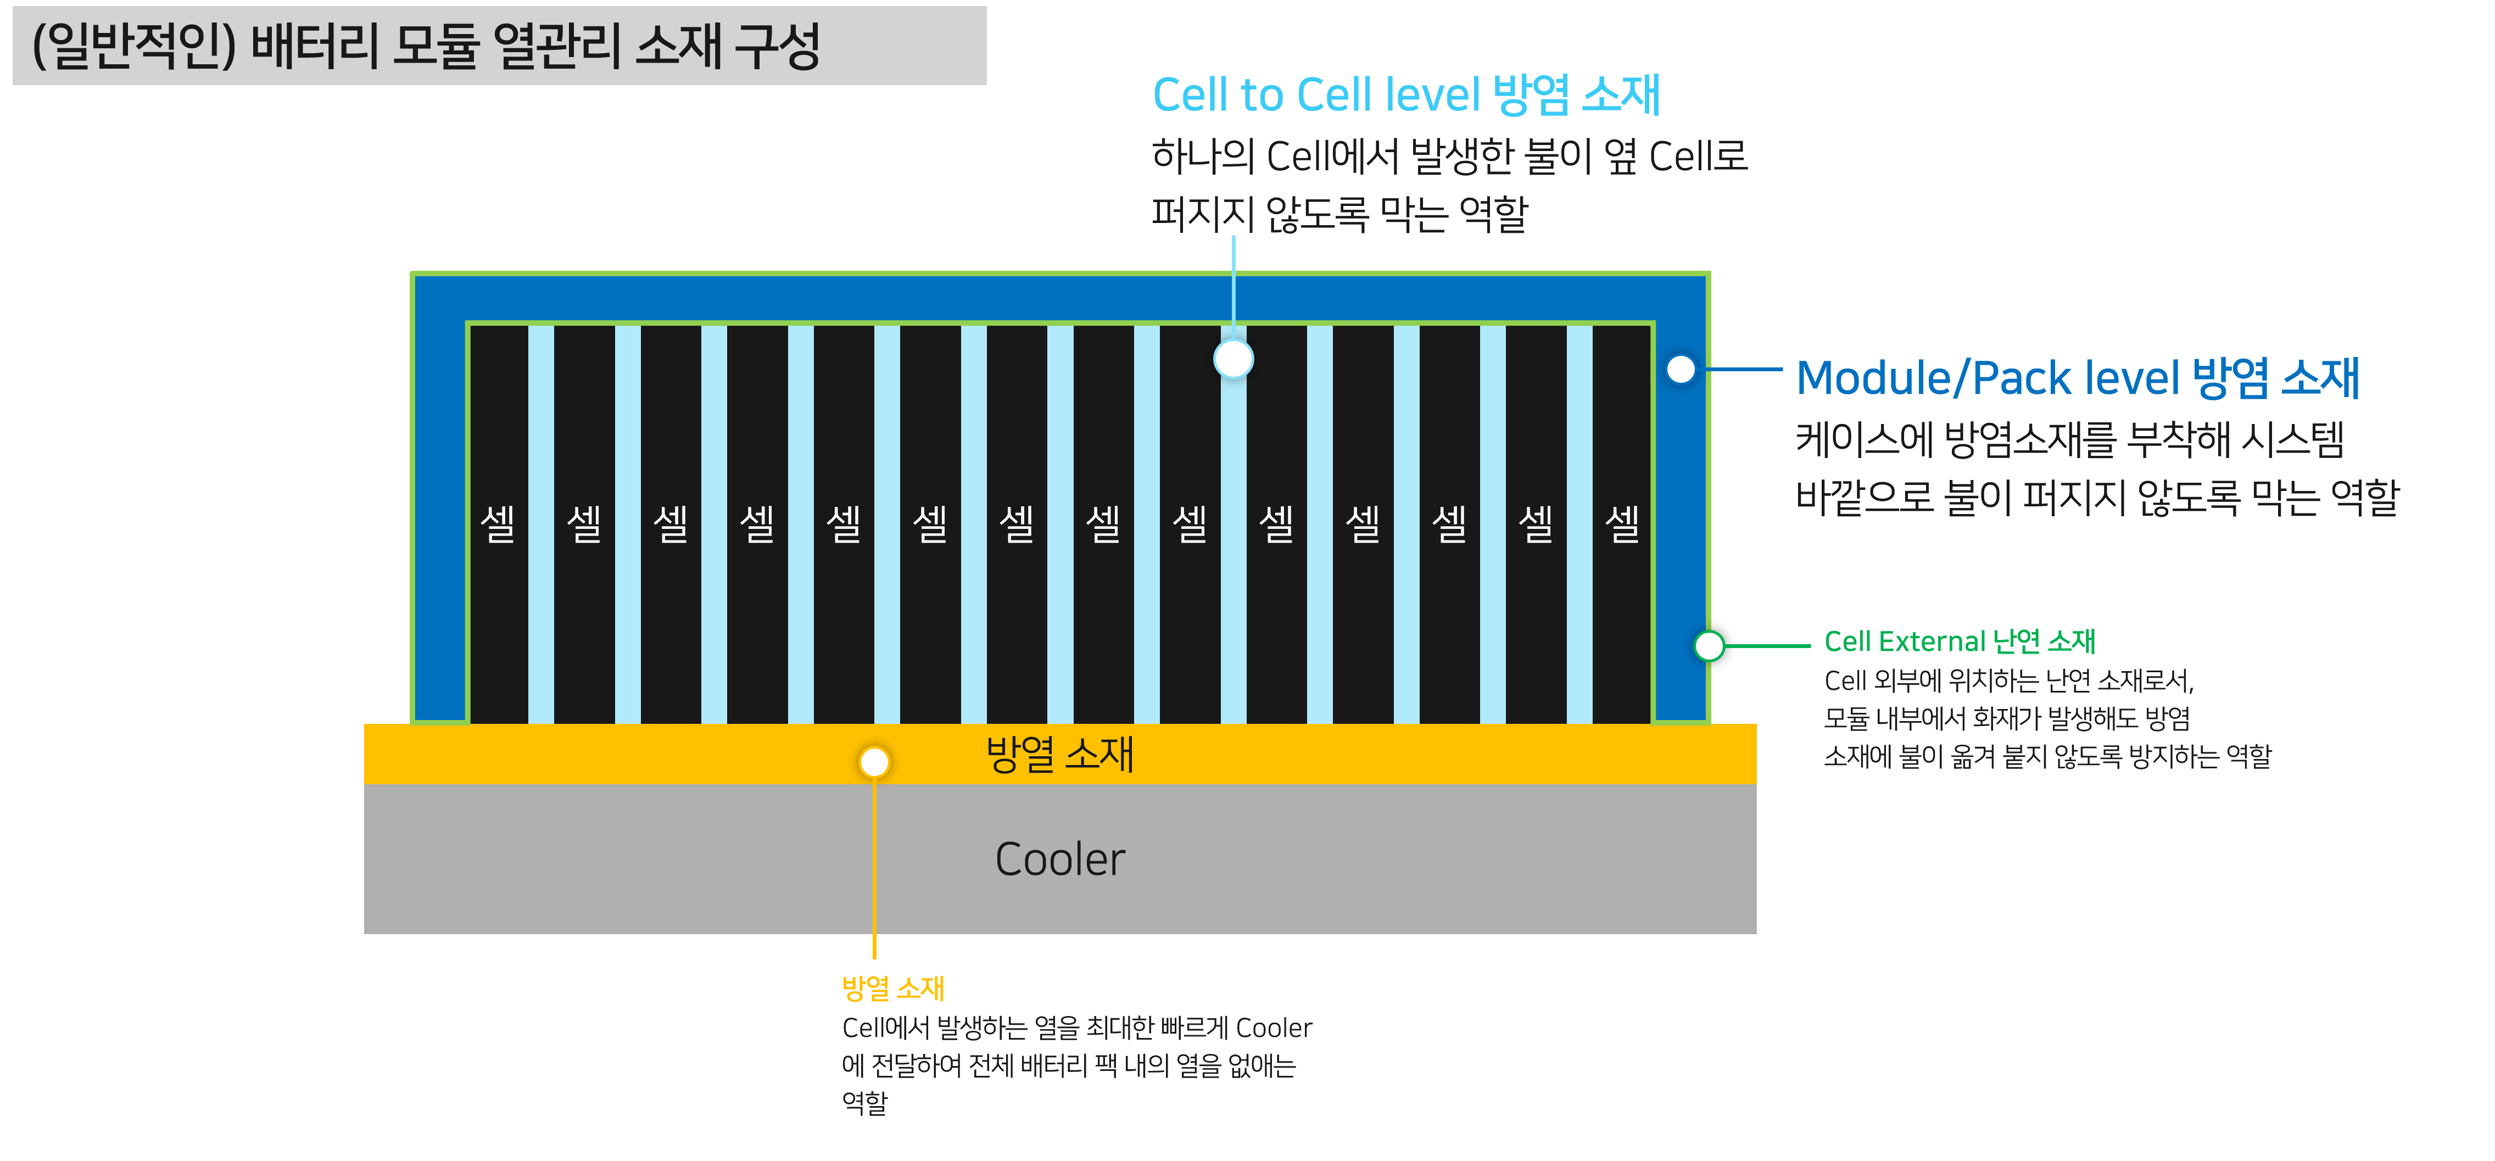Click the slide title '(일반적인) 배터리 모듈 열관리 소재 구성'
coord(426,46)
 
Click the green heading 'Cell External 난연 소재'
coord(1960,641)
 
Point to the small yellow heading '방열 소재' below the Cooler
coord(892,987)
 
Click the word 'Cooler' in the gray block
coord(1059,859)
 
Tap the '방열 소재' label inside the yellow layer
coord(1059,753)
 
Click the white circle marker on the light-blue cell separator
coord(1233,359)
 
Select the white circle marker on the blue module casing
coord(1681,369)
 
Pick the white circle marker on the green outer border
coord(1709,645)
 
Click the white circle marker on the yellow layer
coord(874,762)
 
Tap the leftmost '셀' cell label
coord(498,523)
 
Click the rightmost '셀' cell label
coord(1622,523)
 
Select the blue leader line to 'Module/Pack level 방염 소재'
coord(1743,369)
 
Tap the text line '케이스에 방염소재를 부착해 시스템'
coord(2069,439)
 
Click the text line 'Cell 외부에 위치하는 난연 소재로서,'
coord(2008,680)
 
